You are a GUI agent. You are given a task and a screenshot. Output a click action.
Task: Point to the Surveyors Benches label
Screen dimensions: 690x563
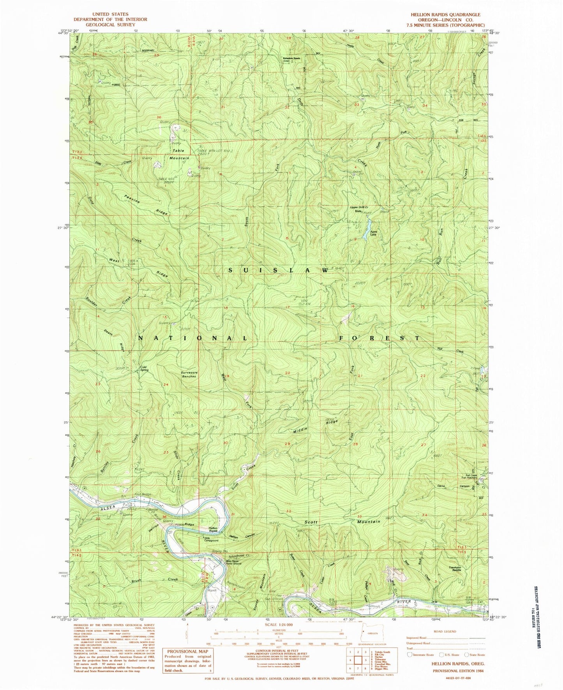[x=189, y=374]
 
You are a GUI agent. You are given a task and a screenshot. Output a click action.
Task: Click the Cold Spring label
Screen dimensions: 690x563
[x=144, y=368]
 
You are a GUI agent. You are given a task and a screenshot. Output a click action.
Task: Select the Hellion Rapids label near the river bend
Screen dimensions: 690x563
[x=213, y=528]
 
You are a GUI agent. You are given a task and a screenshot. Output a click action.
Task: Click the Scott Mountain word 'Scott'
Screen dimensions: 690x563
[x=311, y=522]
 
